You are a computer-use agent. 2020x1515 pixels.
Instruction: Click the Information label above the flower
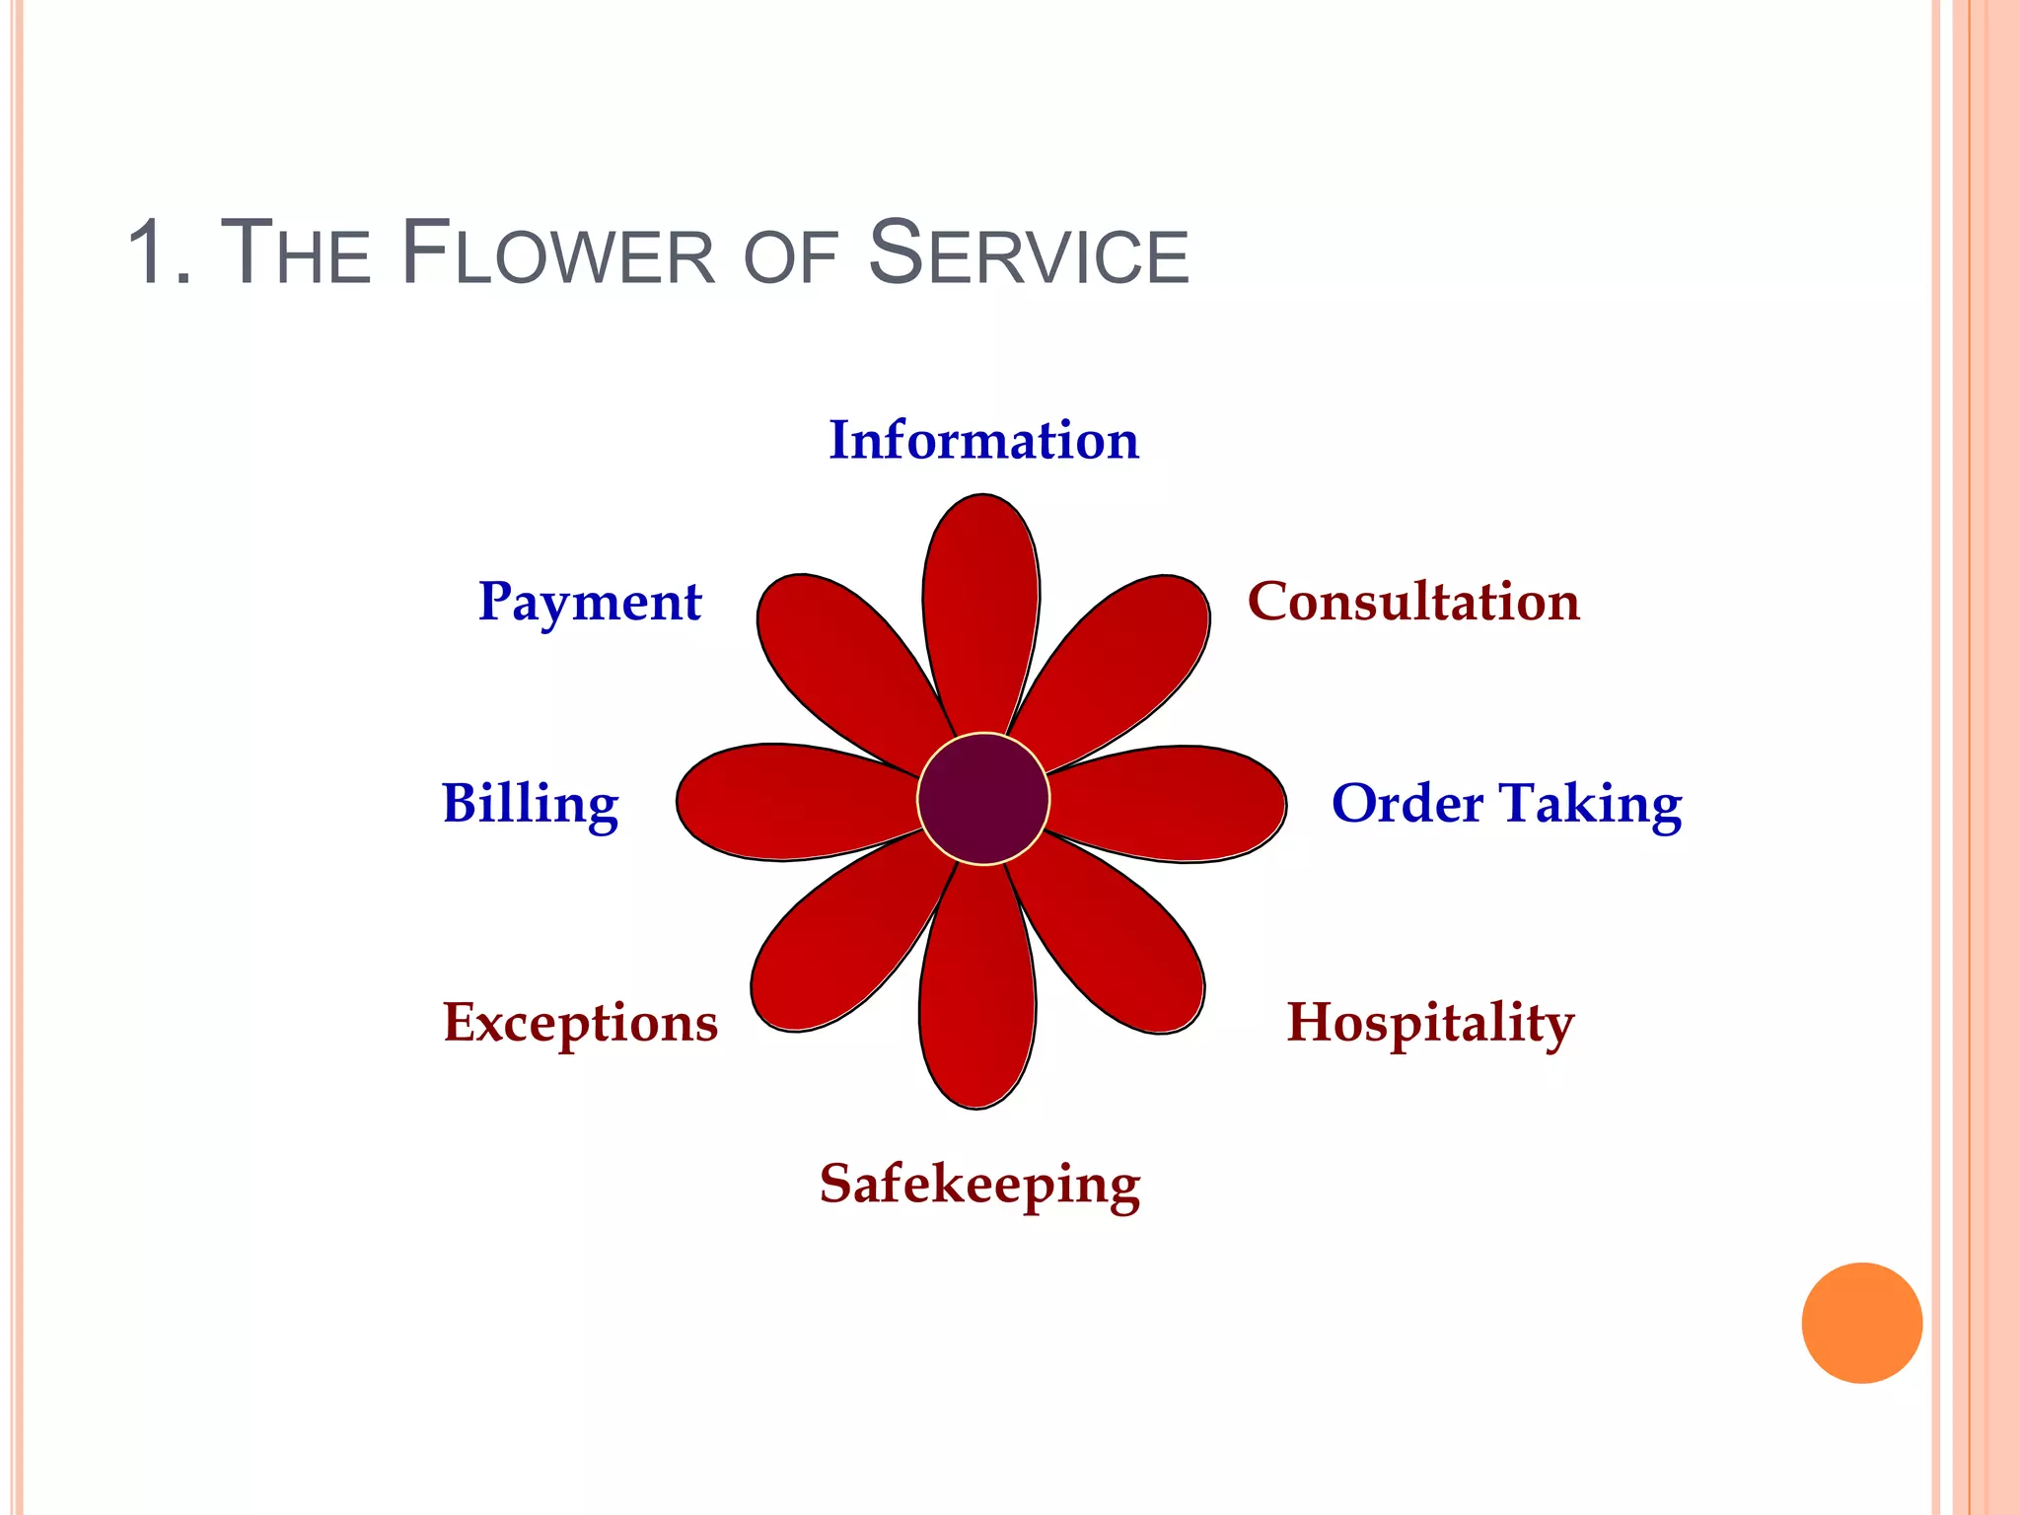(x=983, y=440)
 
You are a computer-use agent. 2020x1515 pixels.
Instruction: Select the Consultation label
(x=1413, y=602)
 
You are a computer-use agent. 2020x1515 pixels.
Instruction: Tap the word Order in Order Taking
(x=1407, y=804)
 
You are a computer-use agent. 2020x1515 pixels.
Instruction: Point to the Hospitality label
(x=1430, y=1023)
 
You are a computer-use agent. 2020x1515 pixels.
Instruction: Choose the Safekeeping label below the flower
(x=979, y=1185)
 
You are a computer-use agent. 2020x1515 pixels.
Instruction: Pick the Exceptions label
(x=580, y=1023)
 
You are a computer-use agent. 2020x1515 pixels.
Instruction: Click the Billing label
(x=530, y=804)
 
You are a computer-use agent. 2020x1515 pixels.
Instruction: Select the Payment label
(x=589, y=603)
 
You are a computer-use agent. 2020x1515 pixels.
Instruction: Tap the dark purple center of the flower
(x=983, y=799)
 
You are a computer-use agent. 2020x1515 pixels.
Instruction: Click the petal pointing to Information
(x=981, y=612)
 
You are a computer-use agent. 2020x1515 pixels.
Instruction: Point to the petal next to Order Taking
(x=1174, y=804)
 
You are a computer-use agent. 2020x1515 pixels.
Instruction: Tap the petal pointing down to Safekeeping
(x=977, y=996)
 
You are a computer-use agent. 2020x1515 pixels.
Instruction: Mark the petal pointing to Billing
(x=789, y=801)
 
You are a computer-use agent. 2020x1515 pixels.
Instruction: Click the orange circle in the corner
(x=1861, y=1323)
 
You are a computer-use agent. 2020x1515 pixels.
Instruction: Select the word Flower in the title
(x=558, y=253)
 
